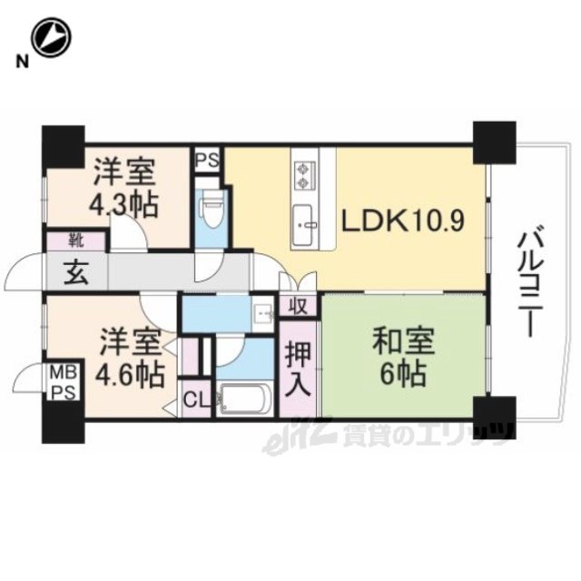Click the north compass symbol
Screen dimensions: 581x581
(51, 38)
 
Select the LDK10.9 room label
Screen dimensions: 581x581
(402, 222)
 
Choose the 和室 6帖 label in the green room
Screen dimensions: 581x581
(403, 358)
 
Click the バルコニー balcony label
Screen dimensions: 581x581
(530, 284)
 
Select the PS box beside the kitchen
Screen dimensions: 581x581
(208, 160)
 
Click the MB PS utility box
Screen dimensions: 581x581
(64, 381)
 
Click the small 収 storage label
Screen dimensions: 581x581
(299, 307)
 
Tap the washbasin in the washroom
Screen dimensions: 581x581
(263, 315)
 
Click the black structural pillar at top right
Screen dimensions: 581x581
(495, 143)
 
